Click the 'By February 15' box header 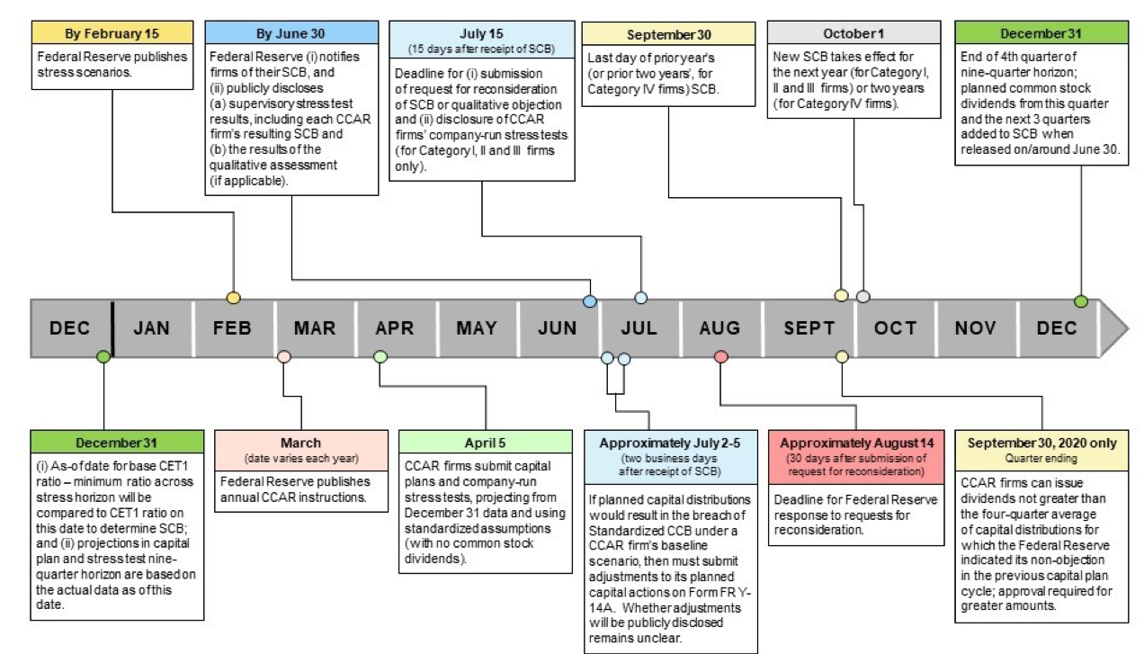[x=112, y=33]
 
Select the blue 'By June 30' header [x=291, y=33]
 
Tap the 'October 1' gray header [x=854, y=33]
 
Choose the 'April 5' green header [x=485, y=443]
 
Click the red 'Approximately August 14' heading [x=856, y=443]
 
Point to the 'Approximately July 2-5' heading [x=669, y=443]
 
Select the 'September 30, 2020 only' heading [x=1041, y=443]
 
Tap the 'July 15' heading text [x=481, y=33]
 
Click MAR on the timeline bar [x=315, y=328]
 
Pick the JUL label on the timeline [x=639, y=328]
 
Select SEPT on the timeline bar [x=809, y=328]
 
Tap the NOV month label [x=976, y=328]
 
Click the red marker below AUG [x=720, y=356]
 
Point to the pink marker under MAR [x=284, y=356]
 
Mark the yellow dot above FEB [x=234, y=298]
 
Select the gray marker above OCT [x=862, y=296]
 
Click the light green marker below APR [x=380, y=356]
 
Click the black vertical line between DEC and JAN [x=112, y=328]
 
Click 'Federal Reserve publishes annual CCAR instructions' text [x=295, y=489]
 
